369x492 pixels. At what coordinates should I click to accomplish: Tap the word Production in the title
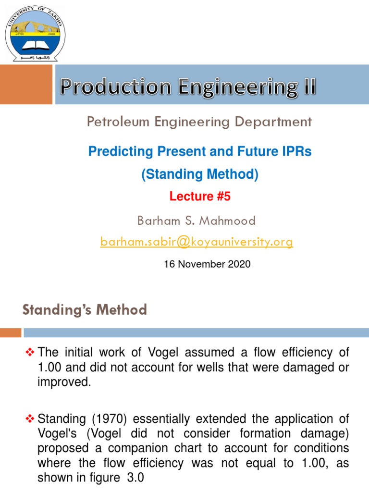point(115,87)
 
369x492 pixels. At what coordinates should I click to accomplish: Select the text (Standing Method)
point(199,175)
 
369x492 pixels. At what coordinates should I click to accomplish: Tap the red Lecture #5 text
point(199,196)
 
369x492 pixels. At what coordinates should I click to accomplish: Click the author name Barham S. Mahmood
point(196,221)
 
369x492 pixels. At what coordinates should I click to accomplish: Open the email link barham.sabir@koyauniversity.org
point(196,242)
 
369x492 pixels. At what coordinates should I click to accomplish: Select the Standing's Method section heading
point(85,310)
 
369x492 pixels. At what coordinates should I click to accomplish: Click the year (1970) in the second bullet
point(103,419)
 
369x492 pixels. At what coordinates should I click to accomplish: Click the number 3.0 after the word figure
point(136,479)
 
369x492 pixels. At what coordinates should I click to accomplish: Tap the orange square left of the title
point(26,85)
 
